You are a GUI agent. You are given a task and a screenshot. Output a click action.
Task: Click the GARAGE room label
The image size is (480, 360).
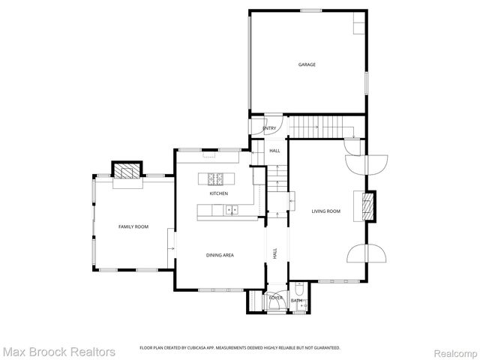[307, 64]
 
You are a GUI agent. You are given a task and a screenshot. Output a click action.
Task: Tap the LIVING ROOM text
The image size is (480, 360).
[326, 211]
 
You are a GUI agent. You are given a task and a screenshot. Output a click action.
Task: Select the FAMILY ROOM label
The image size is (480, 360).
[133, 226]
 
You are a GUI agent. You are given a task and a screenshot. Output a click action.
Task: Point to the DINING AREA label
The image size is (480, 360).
[220, 255]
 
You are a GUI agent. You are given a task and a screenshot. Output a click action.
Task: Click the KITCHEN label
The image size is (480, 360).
[218, 193]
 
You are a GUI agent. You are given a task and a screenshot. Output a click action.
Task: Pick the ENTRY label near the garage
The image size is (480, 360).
[269, 128]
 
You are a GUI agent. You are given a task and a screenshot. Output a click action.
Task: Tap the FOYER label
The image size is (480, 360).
[276, 298]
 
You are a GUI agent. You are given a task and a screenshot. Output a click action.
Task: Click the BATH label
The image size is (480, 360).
[296, 301]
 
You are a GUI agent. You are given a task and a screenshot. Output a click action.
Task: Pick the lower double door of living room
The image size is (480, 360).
[367, 253]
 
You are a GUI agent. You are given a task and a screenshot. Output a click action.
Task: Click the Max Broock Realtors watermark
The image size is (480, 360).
[58, 351]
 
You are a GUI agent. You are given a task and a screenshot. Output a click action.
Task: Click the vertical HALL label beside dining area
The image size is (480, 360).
[275, 254]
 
